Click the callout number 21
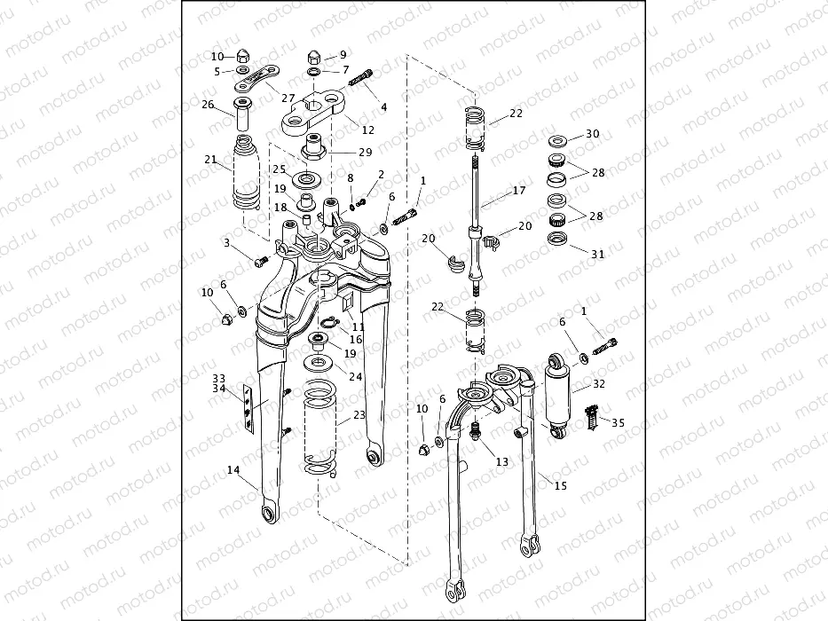(x=210, y=160)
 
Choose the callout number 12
(x=343, y=130)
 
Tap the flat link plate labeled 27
(x=258, y=81)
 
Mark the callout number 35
(x=618, y=423)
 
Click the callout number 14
(x=233, y=469)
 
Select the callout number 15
(x=559, y=485)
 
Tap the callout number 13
(x=502, y=461)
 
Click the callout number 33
(x=218, y=378)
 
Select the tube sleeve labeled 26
(x=243, y=112)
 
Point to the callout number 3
(x=227, y=242)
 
